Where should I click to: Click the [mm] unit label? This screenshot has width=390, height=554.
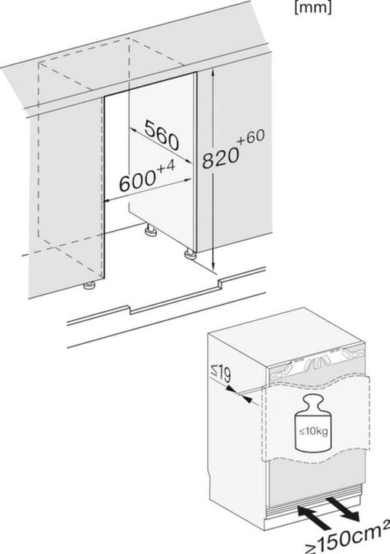click(x=313, y=8)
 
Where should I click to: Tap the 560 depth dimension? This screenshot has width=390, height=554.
click(x=162, y=135)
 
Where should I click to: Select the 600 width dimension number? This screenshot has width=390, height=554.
click(x=138, y=182)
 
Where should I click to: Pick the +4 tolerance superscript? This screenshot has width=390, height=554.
click(x=165, y=167)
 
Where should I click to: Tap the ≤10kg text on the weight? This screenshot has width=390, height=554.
click(x=313, y=432)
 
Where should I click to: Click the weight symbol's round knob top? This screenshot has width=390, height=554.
click(x=314, y=402)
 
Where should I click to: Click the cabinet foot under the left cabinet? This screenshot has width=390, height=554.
click(x=88, y=285)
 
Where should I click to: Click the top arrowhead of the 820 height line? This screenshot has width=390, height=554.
click(x=213, y=74)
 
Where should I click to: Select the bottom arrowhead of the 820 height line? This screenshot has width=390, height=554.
click(x=213, y=265)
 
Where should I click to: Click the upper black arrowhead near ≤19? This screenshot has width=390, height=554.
click(x=232, y=389)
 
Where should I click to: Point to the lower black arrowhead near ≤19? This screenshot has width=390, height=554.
click(x=247, y=399)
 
